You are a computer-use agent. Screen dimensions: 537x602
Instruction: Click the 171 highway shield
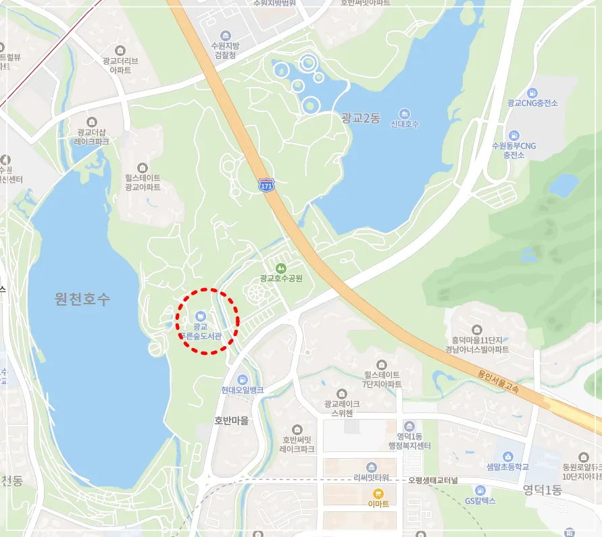click(266, 184)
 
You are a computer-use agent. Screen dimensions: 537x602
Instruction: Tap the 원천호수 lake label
click(82, 300)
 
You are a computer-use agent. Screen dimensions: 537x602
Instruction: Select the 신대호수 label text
click(405, 124)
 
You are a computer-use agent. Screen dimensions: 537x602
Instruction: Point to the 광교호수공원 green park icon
click(281, 268)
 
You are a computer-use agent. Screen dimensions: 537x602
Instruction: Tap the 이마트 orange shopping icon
click(378, 493)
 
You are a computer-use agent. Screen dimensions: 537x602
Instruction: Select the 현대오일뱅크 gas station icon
click(242, 379)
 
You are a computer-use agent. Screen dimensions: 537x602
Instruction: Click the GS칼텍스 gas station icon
click(480, 490)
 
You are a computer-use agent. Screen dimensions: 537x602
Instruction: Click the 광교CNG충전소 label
click(532, 103)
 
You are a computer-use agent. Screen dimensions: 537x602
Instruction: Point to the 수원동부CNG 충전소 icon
click(513, 135)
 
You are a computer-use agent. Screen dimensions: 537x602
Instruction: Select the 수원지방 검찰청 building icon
click(224, 35)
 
